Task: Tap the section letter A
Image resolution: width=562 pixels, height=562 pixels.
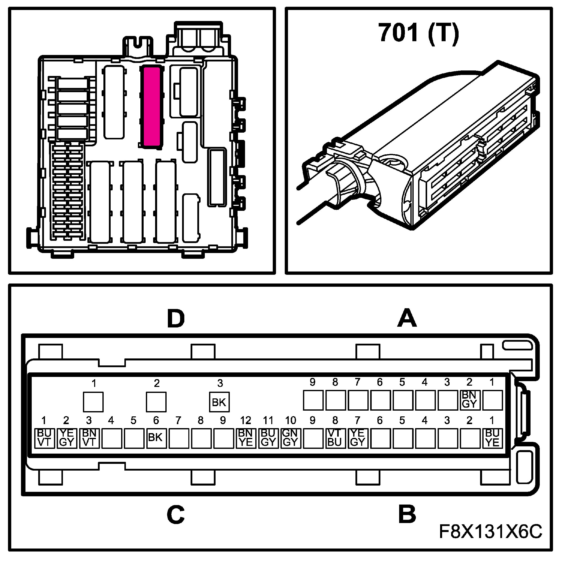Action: (407, 318)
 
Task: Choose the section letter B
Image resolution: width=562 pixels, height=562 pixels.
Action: (407, 514)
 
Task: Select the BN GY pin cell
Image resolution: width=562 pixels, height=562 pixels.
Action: (470, 400)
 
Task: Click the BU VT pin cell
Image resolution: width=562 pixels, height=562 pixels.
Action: (44, 438)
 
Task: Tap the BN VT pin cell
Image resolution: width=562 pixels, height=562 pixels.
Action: (89, 438)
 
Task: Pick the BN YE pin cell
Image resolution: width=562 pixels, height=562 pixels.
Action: (246, 438)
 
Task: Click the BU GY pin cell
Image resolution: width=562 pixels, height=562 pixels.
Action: (268, 438)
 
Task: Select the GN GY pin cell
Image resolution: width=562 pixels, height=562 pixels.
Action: (290, 438)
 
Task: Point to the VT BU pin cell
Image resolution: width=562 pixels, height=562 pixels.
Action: (335, 438)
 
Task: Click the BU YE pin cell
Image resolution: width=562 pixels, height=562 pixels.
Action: (492, 438)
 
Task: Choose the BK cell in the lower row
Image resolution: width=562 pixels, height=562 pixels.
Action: (156, 438)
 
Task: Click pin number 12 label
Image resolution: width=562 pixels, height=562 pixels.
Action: (246, 420)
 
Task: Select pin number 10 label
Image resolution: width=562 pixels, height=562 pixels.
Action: (290, 420)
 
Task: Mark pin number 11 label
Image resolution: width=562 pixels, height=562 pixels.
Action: (268, 420)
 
